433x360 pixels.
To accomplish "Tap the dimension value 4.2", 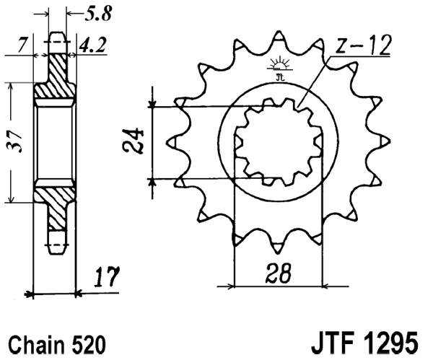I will [92, 46].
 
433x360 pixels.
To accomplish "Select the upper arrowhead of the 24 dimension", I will [152, 103].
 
